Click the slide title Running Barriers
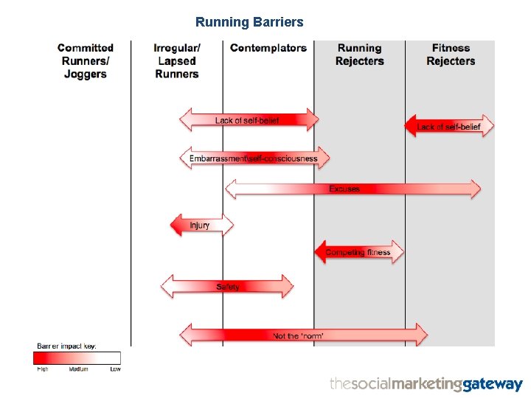249,22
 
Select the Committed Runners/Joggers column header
86,60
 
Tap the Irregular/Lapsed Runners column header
177,60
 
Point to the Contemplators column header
268,48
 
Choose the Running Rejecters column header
359,55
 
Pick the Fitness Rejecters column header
451,55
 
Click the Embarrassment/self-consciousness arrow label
253,158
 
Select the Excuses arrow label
344,189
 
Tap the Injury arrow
201,225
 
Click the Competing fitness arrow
359,252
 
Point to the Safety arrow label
228,287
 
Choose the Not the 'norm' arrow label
298,335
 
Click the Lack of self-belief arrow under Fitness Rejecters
449,126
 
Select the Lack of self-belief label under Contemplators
247,120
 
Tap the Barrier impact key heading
67,346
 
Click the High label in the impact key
42,369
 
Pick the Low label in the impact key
115,369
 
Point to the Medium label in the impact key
78,369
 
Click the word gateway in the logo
493,385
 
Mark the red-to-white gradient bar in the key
77,358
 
